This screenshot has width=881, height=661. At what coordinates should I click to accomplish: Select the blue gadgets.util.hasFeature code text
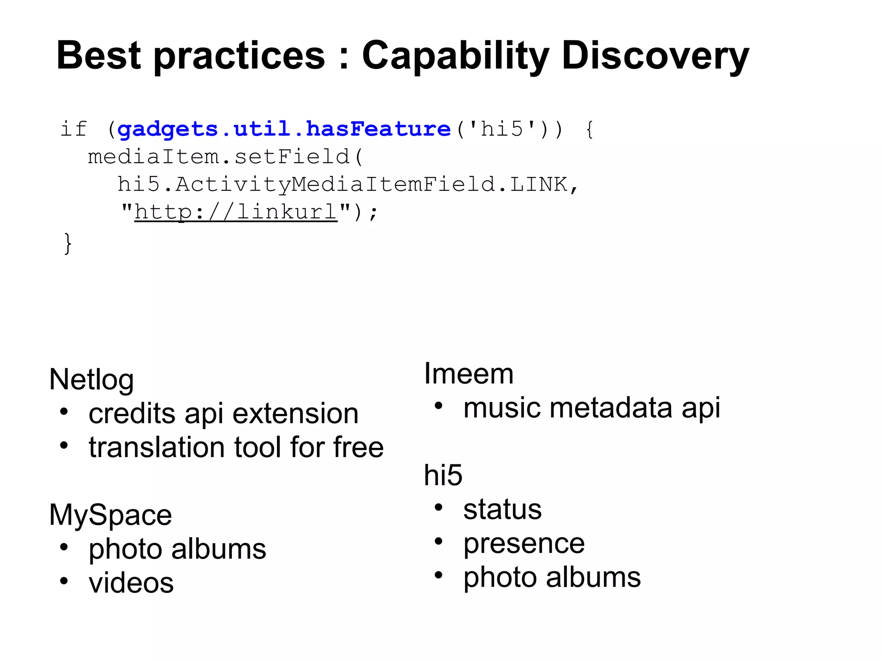pos(284,129)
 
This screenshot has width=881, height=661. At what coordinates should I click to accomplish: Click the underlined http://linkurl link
pos(236,212)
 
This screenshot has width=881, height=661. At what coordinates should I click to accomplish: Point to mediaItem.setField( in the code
pos(226,157)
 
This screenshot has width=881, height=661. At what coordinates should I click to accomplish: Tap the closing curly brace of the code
pos(68,244)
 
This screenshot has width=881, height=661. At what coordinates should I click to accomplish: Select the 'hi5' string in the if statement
pos(501,129)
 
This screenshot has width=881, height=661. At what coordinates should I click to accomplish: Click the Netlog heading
pos(92,380)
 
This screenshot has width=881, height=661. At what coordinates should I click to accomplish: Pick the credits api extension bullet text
pos(223,414)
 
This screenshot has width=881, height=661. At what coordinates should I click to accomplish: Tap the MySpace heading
pos(111,515)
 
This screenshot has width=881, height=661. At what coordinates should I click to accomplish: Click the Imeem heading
pos(468,374)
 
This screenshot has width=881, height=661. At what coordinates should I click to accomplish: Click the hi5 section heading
pos(443,475)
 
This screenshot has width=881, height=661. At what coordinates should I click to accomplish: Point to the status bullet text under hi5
pos(502,510)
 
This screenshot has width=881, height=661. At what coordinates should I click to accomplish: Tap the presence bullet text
pos(524,544)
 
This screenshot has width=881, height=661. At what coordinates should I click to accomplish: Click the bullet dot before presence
pos(438,541)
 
